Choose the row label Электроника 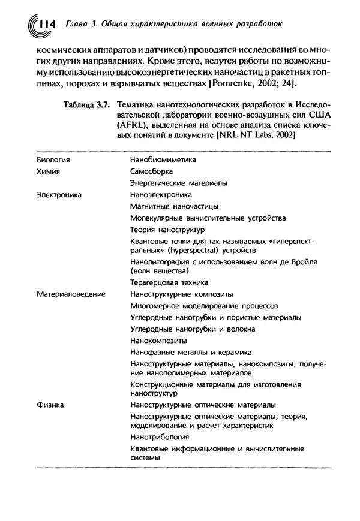(59, 194)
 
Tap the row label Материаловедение (71, 294)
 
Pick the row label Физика (50, 405)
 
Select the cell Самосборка (151, 171)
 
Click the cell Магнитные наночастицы (167, 206)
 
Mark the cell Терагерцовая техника (169, 282)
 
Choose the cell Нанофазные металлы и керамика (191, 352)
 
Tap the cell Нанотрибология (159, 437)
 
